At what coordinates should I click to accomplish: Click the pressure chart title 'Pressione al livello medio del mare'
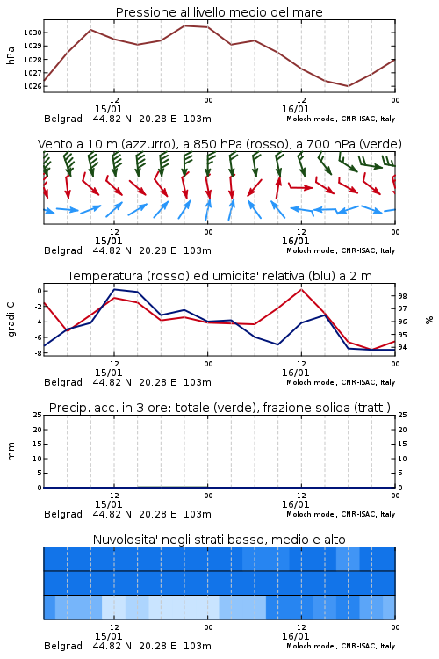219,12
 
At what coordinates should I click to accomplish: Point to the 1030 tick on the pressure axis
32,33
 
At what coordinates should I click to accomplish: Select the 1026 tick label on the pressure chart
32,86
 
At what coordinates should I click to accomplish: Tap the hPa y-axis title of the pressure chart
11,55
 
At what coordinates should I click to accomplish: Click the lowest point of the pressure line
348,86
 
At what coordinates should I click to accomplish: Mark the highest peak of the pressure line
184,25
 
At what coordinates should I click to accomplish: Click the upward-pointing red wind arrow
277,187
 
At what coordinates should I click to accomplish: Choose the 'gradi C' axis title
11,319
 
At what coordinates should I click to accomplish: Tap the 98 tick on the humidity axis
402,296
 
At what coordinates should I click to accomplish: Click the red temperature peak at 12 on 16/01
301,289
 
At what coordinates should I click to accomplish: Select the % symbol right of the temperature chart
429,320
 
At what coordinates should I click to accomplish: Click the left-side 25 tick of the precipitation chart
37,415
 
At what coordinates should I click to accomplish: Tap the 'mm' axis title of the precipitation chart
11,451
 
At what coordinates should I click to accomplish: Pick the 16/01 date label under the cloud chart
295,636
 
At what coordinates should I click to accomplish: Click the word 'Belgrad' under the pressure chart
63,119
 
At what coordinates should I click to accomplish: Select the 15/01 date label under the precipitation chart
108,504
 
